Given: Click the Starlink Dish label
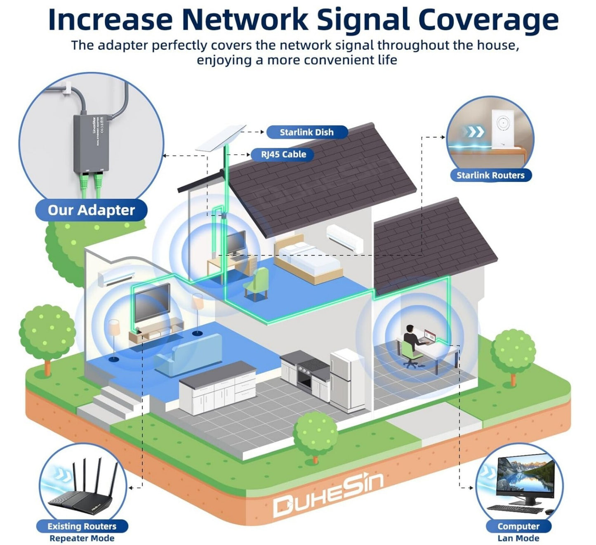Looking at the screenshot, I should click(306, 132).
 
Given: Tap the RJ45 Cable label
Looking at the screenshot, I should click(283, 155).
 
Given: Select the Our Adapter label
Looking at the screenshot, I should click(91, 210).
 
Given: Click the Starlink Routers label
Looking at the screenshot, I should click(490, 175).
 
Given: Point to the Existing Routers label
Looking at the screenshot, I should click(82, 526).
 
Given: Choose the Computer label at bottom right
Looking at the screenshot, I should click(518, 526).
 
